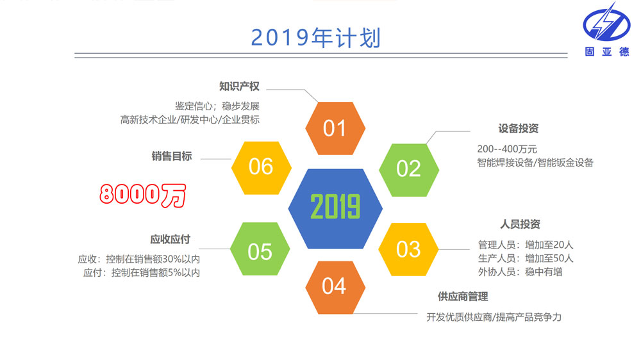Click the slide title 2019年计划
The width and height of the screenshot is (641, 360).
point(315,38)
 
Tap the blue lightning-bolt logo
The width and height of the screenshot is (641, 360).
point(606,22)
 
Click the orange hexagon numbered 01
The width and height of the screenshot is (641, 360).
point(335,128)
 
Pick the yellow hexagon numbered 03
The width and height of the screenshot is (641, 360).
point(408,249)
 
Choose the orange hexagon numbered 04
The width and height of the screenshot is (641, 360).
point(335,288)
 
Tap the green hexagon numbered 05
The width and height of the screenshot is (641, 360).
point(260,249)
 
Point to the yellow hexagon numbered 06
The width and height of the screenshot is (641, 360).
point(262,168)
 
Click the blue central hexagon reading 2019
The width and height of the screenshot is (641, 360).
point(335,208)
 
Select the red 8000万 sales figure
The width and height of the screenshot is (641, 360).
point(143,195)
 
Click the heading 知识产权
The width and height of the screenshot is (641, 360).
point(239,86)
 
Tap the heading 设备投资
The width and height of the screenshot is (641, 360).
point(519,128)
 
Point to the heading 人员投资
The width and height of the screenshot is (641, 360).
point(520,224)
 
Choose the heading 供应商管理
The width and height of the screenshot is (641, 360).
point(463,297)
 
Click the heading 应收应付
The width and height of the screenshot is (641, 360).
point(171,239)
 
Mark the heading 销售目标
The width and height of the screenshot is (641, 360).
point(172,156)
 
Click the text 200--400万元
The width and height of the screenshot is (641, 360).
point(507,149)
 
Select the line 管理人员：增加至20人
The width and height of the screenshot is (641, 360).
point(526,245)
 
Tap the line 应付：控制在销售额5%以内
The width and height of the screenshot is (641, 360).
point(142,272)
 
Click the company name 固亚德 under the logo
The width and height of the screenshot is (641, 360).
point(607,51)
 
